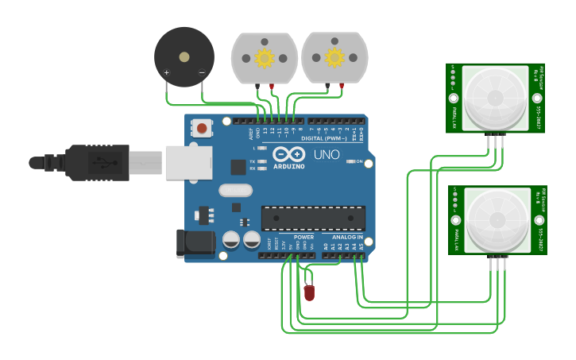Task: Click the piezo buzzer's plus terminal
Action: pos(166,73)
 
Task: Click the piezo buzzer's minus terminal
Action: pos(202,73)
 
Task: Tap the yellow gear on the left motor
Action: pos(264,57)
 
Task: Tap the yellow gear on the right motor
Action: pos(334,57)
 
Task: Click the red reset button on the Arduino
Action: pos(202,128)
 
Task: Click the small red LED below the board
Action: pos(309,292)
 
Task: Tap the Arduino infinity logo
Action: pos(288,153)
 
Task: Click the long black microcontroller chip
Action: pos(313,218)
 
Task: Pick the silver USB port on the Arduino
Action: pos(188,162)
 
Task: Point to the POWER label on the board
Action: pos(303,237)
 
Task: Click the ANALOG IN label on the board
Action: pos(347,237)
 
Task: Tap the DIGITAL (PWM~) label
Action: pos(324,138)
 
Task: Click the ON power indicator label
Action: pos(358,161)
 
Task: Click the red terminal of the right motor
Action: pos(342,86)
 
